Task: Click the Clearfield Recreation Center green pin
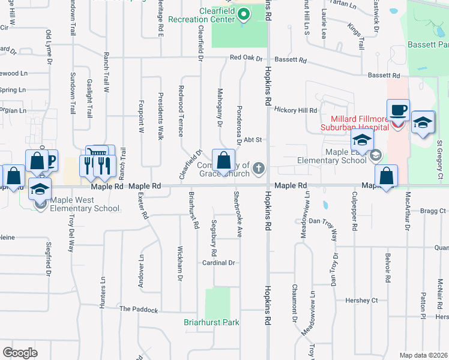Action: [x=243, y=13]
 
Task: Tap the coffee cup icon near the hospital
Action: [x=398, y=110]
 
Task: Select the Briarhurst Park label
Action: [x=211, y=322]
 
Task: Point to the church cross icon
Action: [x=259, y=167]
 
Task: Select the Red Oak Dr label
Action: [x=246, y=59]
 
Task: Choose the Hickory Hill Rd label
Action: [x=295, y=110]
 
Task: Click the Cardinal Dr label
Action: [x=218, y=263]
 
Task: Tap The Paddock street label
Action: [x=138, y=310]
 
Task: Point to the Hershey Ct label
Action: [x=361, y=300]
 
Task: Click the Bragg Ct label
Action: [x=433, y=211]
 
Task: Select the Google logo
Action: [x=20, y=353]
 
